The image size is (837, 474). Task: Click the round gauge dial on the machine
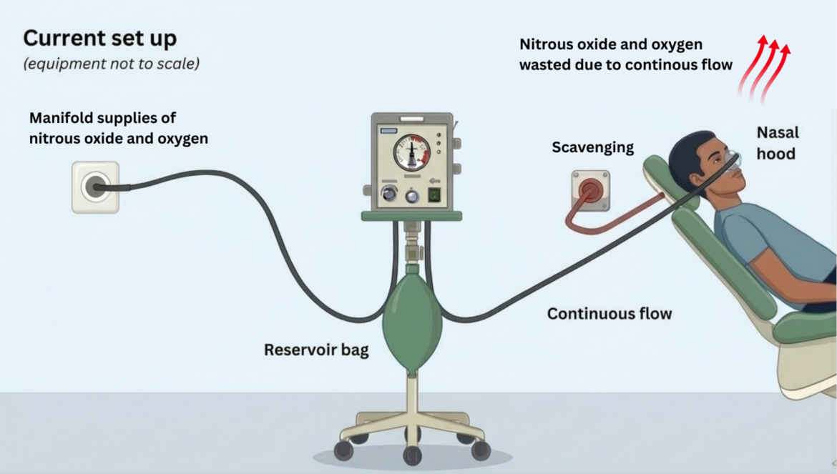(411, 152)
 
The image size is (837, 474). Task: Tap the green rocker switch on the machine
(434, 194)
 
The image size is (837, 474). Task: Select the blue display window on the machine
(388, 131)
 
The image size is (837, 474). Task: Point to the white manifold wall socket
(96, 187)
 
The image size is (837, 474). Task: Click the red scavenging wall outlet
(591, 189)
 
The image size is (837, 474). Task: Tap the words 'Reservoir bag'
(316, 350)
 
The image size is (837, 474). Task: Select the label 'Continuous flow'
(610, 314)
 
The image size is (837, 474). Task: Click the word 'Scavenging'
(593, 147)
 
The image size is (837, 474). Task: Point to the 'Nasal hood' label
(778, 143)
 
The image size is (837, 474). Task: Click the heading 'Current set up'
(100, 39)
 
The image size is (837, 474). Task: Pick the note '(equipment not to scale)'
(111, 64)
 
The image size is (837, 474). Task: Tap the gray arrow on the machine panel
(435, 181)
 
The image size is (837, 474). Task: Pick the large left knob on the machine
(389, 194)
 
